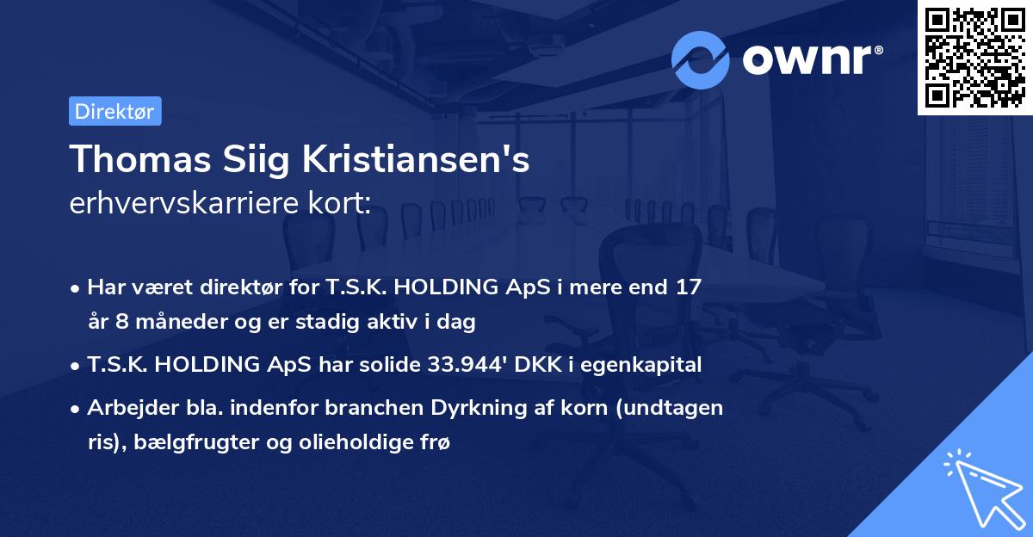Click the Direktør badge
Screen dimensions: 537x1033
(x=114, y=111)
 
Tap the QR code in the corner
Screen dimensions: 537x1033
(x=975, y=57)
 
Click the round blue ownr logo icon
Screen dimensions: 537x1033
(x=701, y=59)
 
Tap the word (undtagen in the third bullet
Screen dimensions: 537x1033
(x=681, y=408)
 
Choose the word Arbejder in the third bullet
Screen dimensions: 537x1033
(x=123, y=408)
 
